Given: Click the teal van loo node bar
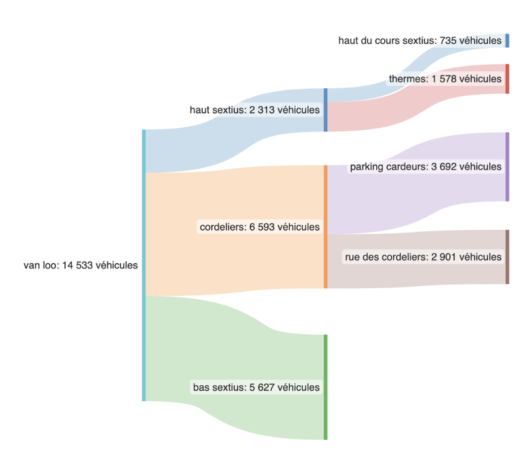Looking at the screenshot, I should pyautogui.click(x=144, y=266).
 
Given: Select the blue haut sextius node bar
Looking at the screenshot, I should pyautogui.click(x=326, y=110).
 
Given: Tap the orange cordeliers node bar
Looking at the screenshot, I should pyautogui.click(x=326, y=227).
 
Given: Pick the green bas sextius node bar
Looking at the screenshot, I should pyautogui.click(x=326, y=387).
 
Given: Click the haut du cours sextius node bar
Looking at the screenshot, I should pyautogui.click(x=507, y=41).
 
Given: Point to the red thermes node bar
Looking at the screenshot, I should pyautogui.click(x=507, y=79).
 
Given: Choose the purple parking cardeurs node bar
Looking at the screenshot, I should pyautogui.click(x=507, y=167).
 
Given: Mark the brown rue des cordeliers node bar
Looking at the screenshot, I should pyautogui.click(x=507, y=257).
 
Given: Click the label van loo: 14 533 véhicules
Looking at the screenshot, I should pyautogui.click(x=80, y=266).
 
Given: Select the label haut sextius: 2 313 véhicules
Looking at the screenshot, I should pyautogui.click(x=255, y=110).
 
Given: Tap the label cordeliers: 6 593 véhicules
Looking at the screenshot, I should pyautogui.click(x=259, y=227).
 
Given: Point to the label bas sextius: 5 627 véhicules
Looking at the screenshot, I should pyautogui.click(x=256, y=387).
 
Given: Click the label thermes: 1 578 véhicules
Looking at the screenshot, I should pyautogui.click(x=445, y=79).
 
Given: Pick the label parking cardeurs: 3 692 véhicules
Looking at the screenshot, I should pyautogui.click(x=425, y=167).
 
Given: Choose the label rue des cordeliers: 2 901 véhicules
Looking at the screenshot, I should pyautogui.click(x=423, y=257).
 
